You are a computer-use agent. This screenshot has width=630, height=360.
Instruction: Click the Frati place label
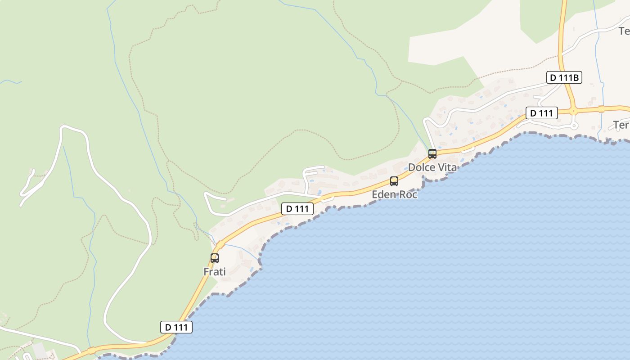coord(215,272)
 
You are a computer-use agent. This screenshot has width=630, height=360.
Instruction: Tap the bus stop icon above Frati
coord(215,258)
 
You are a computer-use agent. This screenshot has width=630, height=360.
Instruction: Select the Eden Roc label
coord(395,194)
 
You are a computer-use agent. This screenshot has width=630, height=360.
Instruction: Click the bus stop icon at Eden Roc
coord(394,181)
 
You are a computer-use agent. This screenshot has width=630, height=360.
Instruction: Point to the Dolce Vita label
coord(432,167)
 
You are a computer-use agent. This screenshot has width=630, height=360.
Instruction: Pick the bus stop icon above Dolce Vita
coord(432,154)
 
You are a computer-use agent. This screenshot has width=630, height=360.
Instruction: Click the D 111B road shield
coord(564,78)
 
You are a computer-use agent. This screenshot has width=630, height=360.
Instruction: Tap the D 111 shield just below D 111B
coord(542,113)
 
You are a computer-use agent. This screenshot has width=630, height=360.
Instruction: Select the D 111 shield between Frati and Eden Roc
coord(297,209)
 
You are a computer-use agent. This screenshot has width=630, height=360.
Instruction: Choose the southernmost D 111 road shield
coord(176,327)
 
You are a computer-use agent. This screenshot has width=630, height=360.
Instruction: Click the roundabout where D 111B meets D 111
coord(573,110)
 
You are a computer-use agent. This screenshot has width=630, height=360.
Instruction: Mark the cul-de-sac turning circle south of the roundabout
coord(574,126)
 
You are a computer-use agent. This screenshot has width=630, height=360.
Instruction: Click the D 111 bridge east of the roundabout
coord(601,109)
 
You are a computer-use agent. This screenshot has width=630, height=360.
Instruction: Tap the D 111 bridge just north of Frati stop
coord(220,245)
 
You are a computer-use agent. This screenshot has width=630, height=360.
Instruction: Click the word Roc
coord(408,194)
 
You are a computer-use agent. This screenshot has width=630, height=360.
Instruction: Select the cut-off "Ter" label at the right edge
coord(621,125)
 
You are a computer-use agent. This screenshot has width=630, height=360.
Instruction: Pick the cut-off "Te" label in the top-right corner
coord(624,31)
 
